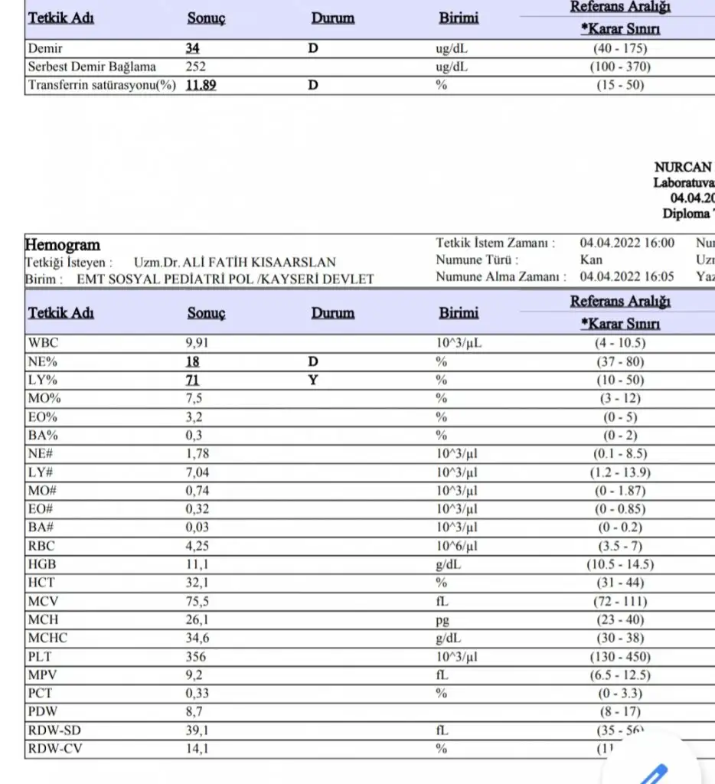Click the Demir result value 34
pyautogui.click(x=192, y=48)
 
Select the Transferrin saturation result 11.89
pyautogui.click(x=201, y=85)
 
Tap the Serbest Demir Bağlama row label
pyautogui.click(x=92, y=67)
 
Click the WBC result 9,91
pyautogui.click(x=198, y=343)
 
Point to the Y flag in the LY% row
pyautogui.click(x=312, y=380)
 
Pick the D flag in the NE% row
pyautogui.click(x=312, y=361)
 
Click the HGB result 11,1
pyautogui.click(x=196, y=564)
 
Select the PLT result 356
pyautogui.click(x=196, y=656)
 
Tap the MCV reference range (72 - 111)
pyautogui.click(x=620, y=601)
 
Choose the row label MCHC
pyautogui.click(x=48, y=638)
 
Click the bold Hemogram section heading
pyautogui.click(x=63, y=245)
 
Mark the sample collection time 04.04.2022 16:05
pyautogui.click(x=627, y=277)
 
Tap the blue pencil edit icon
pyautogui.click(x=651, y=772)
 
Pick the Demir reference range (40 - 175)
pyautogui.click(x=620, y=48)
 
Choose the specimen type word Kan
pyautogui.click(x=590, y=260)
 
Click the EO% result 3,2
pyautogui.click(x=194, y=416)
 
